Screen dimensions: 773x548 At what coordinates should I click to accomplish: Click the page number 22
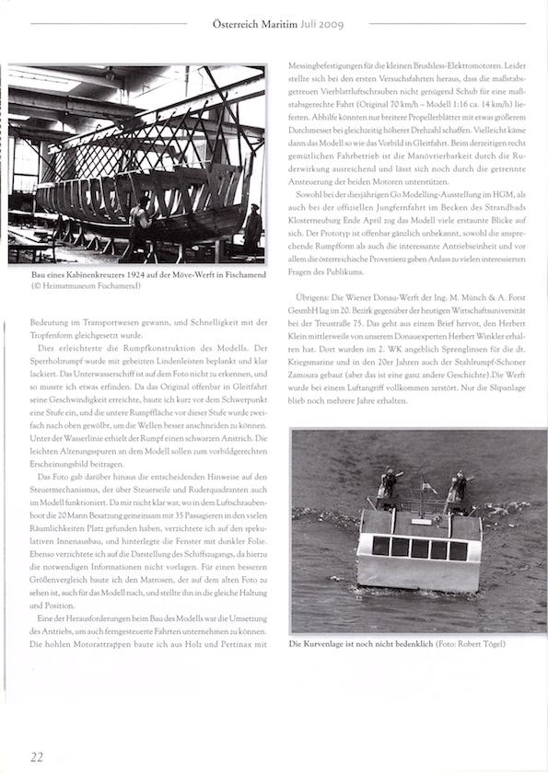pos(37,756)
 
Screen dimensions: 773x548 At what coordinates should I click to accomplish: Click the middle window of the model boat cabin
pos(420,548)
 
